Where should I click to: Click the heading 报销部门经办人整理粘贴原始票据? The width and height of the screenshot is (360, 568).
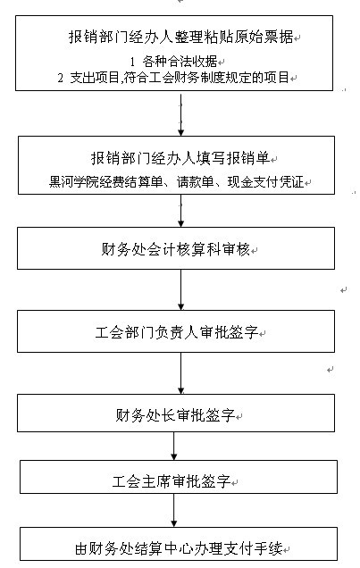click(180, 37)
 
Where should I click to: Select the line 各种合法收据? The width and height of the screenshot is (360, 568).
click(180, 62)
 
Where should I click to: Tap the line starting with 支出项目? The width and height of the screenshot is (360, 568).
click(180, 78)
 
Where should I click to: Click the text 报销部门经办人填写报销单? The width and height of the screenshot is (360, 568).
click(180, 158)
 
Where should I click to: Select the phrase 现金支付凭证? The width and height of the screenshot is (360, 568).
click(265, 182)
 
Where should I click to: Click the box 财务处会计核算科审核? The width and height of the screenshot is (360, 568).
click(176, 248)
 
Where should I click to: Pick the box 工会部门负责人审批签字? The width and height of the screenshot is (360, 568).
click(176, 331)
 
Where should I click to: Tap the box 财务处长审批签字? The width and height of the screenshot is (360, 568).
click(176, 413)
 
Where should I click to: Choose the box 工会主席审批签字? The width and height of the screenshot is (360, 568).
click(179, 477)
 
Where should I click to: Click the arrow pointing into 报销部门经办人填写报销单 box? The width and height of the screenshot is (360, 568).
click(180, 113)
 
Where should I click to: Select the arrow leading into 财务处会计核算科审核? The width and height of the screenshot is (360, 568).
click(180, 211)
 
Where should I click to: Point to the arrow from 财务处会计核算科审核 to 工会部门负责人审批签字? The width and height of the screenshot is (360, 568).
click(180, 289)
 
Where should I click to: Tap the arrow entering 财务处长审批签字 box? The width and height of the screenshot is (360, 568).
click(180, 373)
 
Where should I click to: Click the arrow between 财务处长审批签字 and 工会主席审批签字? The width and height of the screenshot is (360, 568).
click(174, 446)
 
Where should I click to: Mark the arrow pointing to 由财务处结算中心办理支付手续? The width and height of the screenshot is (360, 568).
click(174, 511)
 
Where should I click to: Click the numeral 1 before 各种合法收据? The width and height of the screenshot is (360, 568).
click(132, 62)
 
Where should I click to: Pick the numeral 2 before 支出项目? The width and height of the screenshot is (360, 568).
click(61, 78)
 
